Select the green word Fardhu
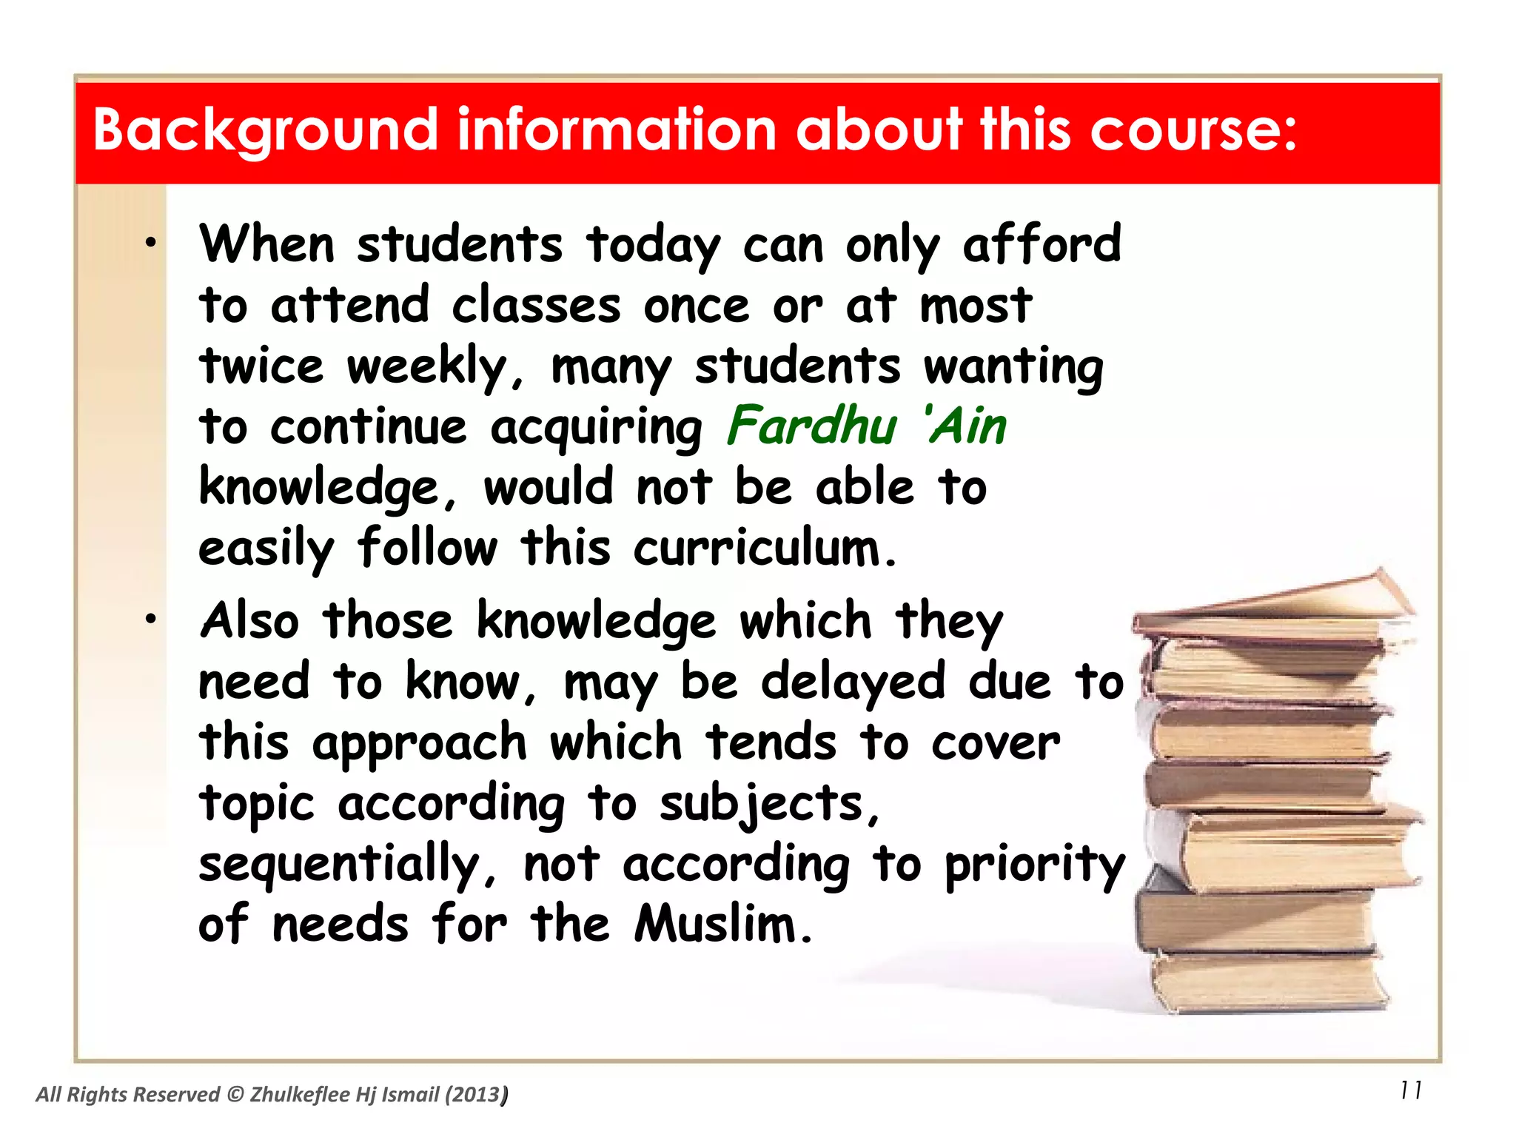(x=811, y=426)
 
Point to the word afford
(x=1042, y=244)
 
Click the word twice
(x=261, y=366)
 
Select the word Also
(x=250, y=620)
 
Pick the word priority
(x=1035, y=865)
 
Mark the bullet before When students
(x=151, y=243)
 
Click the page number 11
(x=1411, y=1090)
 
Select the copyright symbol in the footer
(x=235, y=1095)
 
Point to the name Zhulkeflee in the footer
(x=300, y=1095)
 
